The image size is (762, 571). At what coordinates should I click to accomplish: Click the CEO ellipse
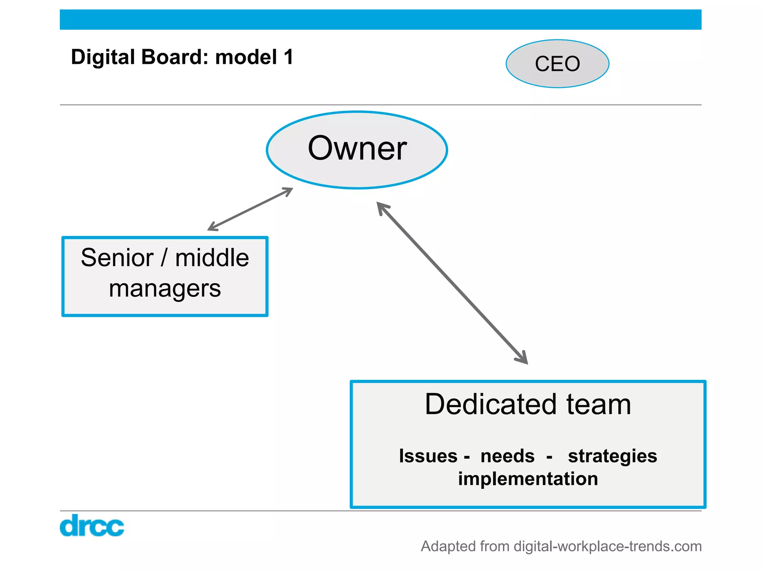click(x=557, y=64)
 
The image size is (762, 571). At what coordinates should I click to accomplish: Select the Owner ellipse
click(x=357, y=149)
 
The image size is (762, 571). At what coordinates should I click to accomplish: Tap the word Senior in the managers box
click(x=117, y=258)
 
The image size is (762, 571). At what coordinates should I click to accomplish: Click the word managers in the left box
click(x=165, y=289)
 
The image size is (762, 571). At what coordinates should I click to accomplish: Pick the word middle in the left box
click(x=212, y=258)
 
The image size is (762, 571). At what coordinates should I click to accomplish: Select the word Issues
click(x=428, y=456)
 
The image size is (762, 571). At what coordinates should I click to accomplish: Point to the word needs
click(x=507, y=456)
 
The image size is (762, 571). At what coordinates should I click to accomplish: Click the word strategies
click(x=612, y=457)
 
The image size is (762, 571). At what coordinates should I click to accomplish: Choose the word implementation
click(x=528, y=479)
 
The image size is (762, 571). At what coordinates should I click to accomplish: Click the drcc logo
click(x=92, y=526)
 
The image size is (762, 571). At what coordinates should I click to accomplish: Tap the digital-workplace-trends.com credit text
click(x=607, y=546)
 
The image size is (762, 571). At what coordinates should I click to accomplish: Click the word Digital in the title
click(x=103, y=57)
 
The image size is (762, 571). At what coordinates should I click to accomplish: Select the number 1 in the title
click(x=288, y=57)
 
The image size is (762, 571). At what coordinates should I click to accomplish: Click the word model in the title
click(x=246, y=57)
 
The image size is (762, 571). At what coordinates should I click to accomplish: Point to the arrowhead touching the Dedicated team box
click(x=523, y=359)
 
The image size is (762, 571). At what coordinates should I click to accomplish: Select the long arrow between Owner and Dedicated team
click(x=452, y=283)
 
